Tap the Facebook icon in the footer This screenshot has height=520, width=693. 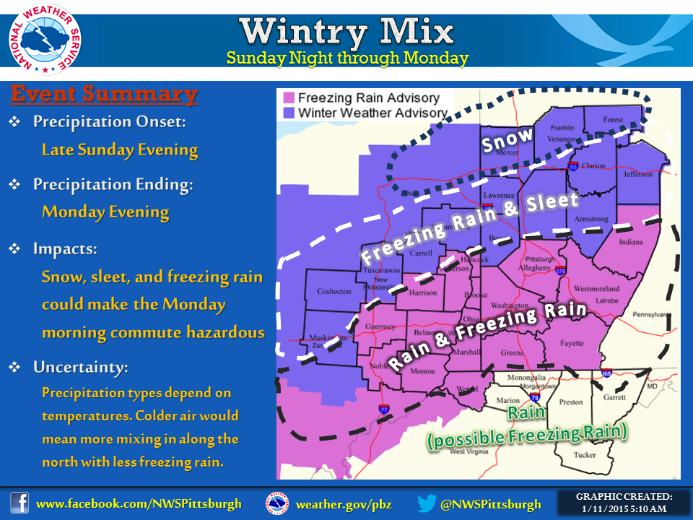(19, 503)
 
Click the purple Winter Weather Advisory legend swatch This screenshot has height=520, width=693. (289, 113)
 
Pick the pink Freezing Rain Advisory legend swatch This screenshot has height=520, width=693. (289, 97)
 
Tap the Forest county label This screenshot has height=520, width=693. (613, 120)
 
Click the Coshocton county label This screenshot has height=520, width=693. (334, 291)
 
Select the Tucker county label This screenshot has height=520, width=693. (584, 454)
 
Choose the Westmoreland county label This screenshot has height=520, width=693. (596, 289)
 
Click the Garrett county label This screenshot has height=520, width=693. (614, 397)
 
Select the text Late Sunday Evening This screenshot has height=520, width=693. (120, 150)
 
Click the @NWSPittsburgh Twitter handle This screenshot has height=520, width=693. (491, 503)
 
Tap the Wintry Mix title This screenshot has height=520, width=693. (347, 31)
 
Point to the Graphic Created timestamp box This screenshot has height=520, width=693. (624, 503)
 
